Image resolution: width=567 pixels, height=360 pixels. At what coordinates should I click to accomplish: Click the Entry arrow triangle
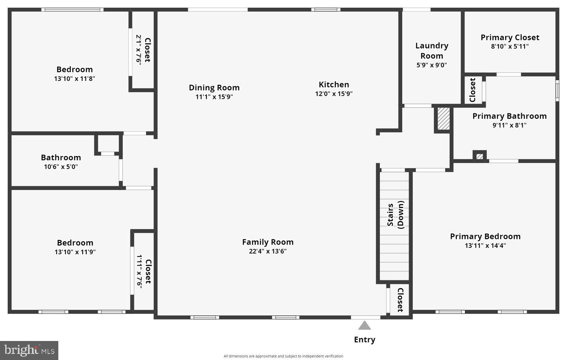point(364,326)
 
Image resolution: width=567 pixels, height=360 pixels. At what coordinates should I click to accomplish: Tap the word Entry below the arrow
point(364,340)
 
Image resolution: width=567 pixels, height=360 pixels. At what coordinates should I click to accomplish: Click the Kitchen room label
point(334,85)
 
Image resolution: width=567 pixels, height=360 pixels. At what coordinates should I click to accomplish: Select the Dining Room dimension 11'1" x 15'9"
point(214,97)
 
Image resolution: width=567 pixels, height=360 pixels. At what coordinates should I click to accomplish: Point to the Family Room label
point(268,242)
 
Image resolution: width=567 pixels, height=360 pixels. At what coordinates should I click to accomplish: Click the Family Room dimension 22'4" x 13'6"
point(268,251)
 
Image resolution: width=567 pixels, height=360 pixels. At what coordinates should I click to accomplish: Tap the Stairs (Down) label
point(395,215)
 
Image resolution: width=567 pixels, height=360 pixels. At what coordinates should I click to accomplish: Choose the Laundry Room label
point(432,51)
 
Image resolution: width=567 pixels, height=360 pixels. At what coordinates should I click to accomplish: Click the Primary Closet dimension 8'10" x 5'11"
point(509,47)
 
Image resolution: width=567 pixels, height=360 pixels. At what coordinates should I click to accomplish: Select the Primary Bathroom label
point(509,116)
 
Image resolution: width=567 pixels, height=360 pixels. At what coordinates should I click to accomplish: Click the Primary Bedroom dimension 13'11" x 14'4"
point(485,245)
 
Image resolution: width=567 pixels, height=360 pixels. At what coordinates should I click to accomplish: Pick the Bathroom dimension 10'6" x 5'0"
point(61,166)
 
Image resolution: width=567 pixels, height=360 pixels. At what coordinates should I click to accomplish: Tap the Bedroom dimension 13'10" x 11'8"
point(75,79)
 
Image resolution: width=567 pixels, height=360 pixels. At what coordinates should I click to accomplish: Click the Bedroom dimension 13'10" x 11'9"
point(75,252)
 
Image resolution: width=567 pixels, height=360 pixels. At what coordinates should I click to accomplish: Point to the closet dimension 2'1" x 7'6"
point(139,49)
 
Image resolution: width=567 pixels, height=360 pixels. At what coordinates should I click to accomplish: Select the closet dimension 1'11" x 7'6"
point(139,271)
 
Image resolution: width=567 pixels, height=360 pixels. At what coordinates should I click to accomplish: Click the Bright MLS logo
point(29,350)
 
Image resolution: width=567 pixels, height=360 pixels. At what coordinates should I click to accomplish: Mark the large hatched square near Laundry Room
point(443,119)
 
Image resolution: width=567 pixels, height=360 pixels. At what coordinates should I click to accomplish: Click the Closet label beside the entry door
point(400,300)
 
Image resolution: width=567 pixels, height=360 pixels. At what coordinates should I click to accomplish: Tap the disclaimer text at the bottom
point(283,356)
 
